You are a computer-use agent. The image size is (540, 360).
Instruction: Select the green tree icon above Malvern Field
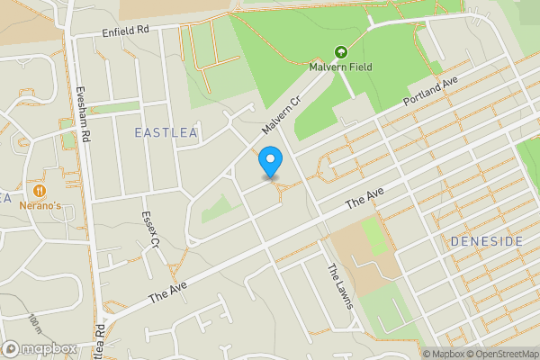pyautogui.click(x=341, y=53)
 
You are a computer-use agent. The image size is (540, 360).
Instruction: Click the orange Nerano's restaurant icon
pyautogui.click(x=40, y=191)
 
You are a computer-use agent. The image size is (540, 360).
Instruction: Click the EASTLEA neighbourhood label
pyautogui.click(x=165, y=132)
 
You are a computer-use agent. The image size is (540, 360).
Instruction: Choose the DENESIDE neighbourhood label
pyautogui.click(x=487, y=241)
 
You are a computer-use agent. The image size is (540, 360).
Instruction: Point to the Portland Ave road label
pyautogui.click(x=431, y=89)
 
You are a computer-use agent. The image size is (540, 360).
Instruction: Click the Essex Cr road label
pyautogui.click(x=149, y=229)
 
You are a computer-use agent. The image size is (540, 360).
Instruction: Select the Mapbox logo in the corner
pyautogui.click(x=40, y=348)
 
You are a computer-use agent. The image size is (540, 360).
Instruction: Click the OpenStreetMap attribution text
pyautogui.click(x=503, y=354)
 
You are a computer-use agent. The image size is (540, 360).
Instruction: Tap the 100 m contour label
pyautogui.click(x=35, y=322)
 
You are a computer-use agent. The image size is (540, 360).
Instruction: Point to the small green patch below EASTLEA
pyautogui.click(x=216, y=209)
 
